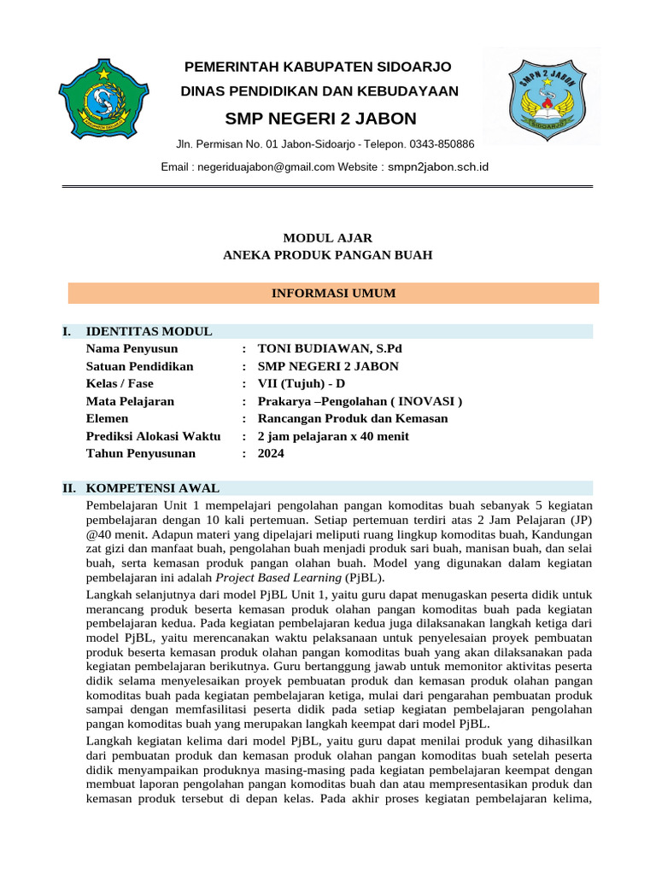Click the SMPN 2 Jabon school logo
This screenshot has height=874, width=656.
click(541, 98)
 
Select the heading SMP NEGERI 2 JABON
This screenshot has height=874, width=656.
click(320, 118)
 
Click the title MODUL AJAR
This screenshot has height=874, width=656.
click(328, 238)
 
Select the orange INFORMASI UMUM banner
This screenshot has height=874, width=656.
click(333, 294)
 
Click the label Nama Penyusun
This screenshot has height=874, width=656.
click(132, 349)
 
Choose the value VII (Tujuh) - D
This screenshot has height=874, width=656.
click(302, 383)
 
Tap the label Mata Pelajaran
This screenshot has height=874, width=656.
click(130, 401)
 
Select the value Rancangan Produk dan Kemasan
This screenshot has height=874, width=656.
click(353, 418)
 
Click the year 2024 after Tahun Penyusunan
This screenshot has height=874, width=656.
click(271, 453)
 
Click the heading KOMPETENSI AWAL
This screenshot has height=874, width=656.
click(153, 488)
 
